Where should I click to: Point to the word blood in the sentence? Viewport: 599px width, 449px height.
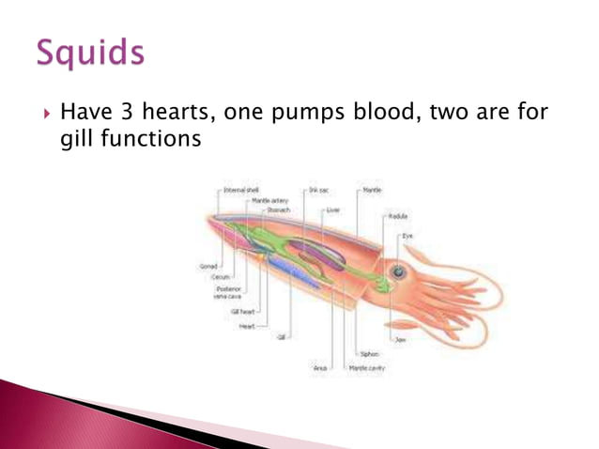tap(377, 115)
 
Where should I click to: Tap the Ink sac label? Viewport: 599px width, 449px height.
tap(317, 190)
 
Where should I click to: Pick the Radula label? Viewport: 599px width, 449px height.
tap(397, 215)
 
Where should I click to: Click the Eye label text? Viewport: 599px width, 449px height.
tap(407, 236)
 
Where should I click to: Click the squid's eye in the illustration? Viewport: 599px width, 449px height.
tap(399, 271)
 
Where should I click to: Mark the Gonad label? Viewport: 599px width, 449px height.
tap(208, 266)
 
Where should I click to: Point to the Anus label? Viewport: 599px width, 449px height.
tap(319, 369)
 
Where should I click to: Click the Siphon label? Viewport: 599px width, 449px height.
tap(369, 354)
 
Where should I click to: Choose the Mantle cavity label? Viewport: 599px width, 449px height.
tap(366, 369)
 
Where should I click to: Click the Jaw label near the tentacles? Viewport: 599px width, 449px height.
tap(401, 339)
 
